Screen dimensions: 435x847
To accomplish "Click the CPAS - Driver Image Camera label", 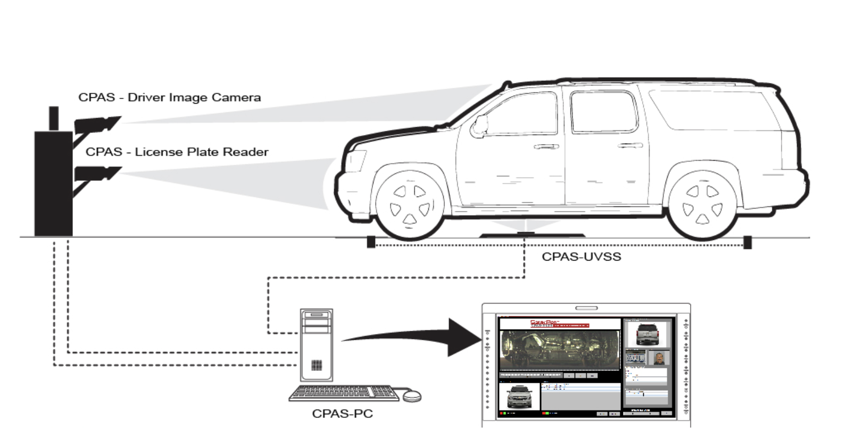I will tap(169, 98).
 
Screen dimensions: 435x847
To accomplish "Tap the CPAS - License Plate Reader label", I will tap(177, 152).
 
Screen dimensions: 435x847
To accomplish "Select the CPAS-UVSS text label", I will tap(581, 257).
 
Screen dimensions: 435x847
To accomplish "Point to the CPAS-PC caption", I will tap(342, 413).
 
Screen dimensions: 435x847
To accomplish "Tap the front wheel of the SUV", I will tap(410, 205).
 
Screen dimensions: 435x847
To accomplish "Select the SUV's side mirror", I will tap(480, 125).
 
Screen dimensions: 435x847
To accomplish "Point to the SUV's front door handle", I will tap(546, 147).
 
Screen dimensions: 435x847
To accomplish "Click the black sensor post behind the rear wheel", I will tap(748, 242).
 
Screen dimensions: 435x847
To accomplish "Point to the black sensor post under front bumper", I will tap(371, 242).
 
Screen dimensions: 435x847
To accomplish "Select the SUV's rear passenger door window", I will tap(603, 112).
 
